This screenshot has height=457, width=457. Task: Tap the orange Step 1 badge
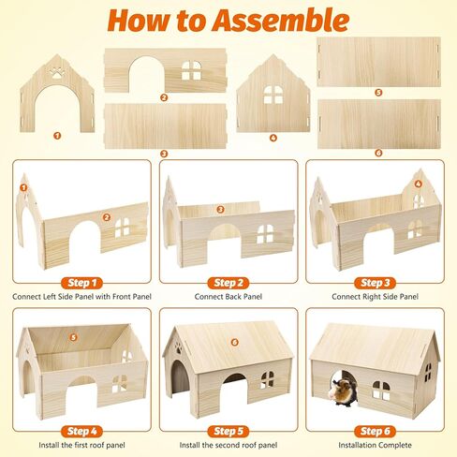82,283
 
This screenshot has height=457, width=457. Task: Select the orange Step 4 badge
82,431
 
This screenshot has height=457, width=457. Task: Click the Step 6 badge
375,431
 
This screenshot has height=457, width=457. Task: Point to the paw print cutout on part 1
57,72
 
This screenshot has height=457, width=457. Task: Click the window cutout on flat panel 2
192,70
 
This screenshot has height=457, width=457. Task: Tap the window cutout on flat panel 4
273,95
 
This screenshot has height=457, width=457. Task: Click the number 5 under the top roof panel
378,93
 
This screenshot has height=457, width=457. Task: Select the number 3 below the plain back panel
164,154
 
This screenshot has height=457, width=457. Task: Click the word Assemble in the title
281,21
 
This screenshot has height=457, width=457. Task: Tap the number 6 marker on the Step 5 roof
235,342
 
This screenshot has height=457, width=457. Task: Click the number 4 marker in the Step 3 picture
419,184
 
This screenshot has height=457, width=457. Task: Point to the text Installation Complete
375,445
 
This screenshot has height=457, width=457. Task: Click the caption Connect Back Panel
228,297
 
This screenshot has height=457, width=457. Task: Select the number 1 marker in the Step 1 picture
23,187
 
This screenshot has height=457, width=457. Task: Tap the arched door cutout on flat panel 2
147,75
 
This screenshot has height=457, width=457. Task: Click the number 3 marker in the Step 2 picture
220,209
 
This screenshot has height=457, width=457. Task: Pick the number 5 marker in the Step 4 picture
73,337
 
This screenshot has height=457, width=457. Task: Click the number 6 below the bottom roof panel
378,153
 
